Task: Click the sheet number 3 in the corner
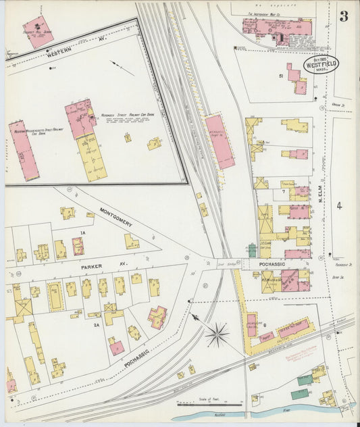click(344, 16)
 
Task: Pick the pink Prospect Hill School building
click(38, 31)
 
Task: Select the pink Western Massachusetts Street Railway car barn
click(24, 151)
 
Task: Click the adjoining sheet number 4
click(340, 205)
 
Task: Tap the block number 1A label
click(83, 232)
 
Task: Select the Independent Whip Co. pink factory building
click(277, 28)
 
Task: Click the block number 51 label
click(280, 76)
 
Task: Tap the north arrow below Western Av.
click(122, 68)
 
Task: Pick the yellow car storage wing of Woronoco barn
click(92, 156)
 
